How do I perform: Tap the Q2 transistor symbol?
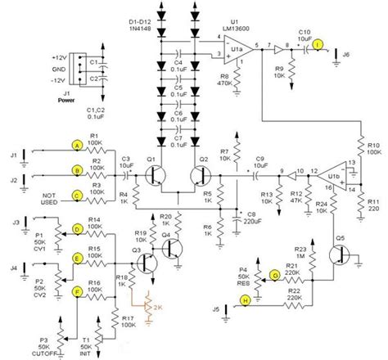pyautogui.click(x=199, y=175)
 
